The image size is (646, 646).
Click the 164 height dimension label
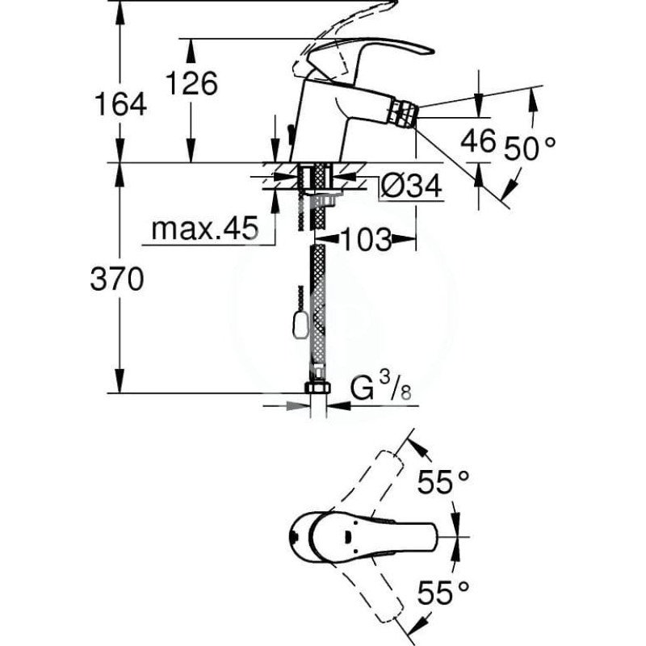point(120,104)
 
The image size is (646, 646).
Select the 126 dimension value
point(191,83)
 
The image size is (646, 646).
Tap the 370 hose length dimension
point(117,279)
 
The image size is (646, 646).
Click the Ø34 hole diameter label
point(411,186)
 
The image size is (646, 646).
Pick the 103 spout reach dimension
point(367,239)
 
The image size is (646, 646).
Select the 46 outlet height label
point(478,140)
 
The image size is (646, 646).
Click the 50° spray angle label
point(530,148)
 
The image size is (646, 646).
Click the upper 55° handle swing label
point(443,481)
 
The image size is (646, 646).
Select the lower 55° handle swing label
point(443,592)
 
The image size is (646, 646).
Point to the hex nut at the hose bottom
point(317,388)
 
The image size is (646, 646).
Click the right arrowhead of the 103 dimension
point(403,238)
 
